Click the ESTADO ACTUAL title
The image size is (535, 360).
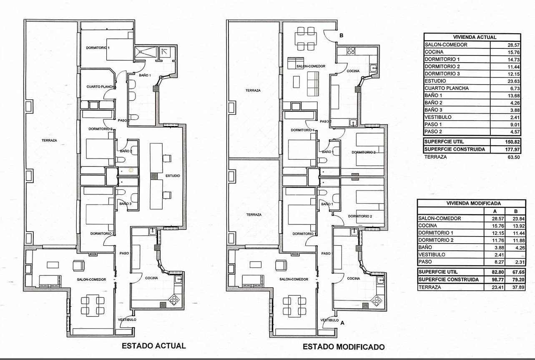tap(153, 346)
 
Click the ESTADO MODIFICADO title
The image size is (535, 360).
tap(344, 347)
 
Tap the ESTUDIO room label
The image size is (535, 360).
tap(173, 176)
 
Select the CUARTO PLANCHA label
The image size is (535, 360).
tap(101, 87)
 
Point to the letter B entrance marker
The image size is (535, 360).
tap(342, 35)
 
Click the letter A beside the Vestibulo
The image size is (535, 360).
tap(342, 323)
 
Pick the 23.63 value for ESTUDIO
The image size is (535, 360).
tap(514, 81)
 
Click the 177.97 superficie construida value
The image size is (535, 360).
tap(512, 149)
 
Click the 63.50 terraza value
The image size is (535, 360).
tap(514, 157)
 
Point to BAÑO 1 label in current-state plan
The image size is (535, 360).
tap(145, 75)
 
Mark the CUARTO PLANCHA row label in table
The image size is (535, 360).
tap(447, 88)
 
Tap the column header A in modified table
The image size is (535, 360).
tap(495, 211)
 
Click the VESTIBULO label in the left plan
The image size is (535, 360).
tap(127, 320)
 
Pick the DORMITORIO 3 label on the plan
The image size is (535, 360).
tap(102, 233)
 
